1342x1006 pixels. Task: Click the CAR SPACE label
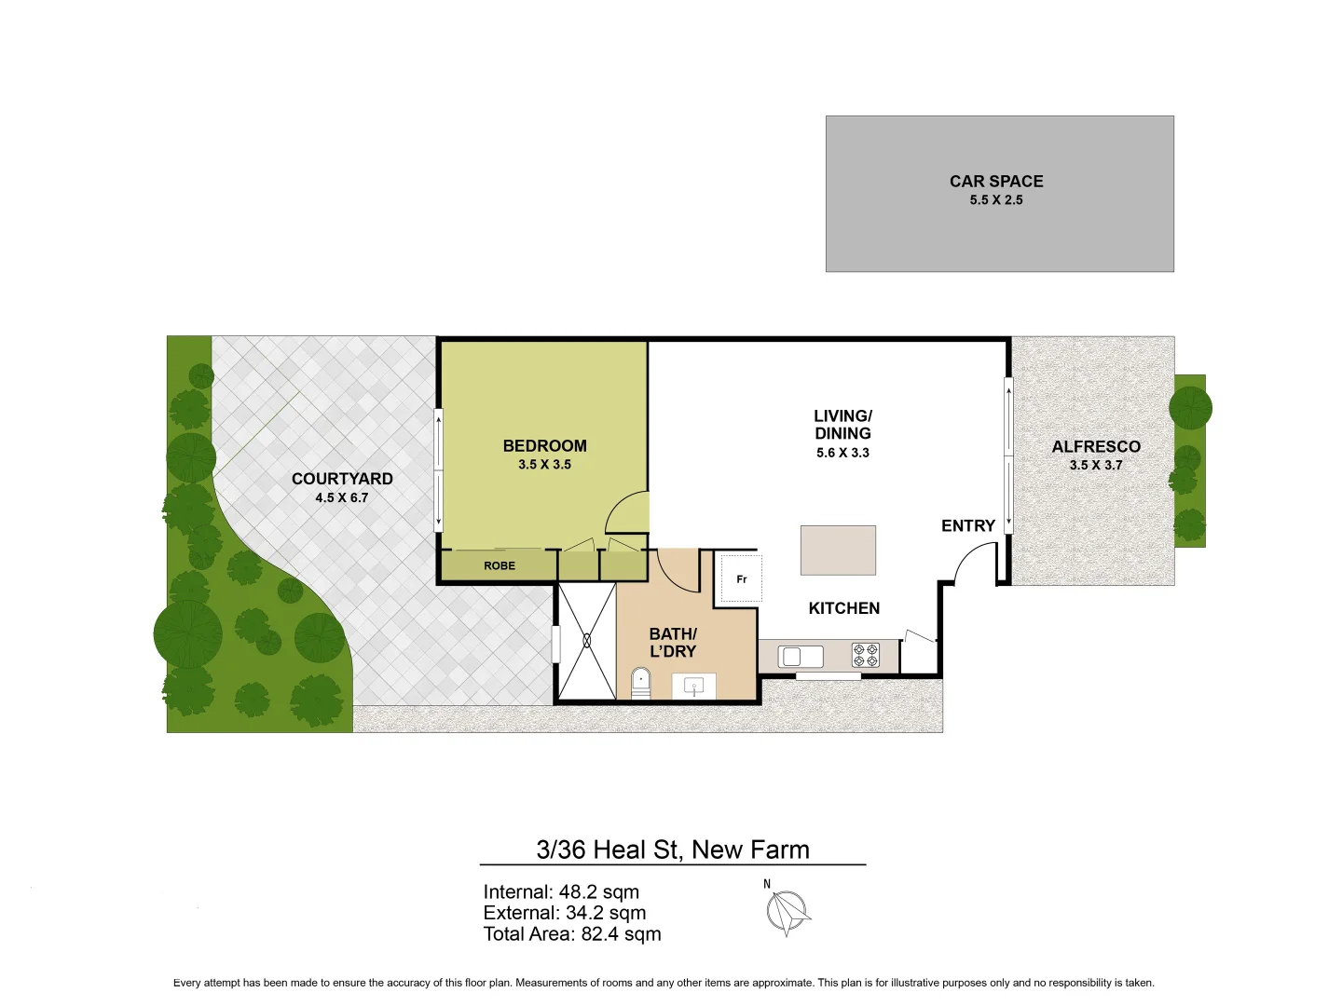click(x=995, y=182)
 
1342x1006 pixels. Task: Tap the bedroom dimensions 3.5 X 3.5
click(x=544, y=465)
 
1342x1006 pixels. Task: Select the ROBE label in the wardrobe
click(x=500, y=565)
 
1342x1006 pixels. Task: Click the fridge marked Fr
click(x=742, y=579)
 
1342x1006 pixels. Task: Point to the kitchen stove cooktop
click(x=865, y=656)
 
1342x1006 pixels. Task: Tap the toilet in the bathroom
click(x=640, y=682)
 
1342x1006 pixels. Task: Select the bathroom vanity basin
click(x=694, y=687)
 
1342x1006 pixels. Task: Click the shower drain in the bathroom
click(x=587, y=641)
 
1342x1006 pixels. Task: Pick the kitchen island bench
click(x=838, y=550)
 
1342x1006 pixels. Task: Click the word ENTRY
click(x=967, y=526)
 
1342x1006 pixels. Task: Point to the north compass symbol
click(x=788, y=911)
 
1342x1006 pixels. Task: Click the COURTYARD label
click(x=342, y=479)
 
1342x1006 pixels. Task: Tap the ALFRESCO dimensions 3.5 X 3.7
click(x=1095, y=466)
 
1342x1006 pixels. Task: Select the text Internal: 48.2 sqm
click(x=561, y=892)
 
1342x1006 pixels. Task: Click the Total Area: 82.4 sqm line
click(x=571, y=934)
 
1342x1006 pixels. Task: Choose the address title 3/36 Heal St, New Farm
click(x=672, y=850)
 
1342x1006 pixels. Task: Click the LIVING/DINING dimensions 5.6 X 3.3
click(x=842, y=454)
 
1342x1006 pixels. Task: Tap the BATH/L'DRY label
click(x=673, y=643)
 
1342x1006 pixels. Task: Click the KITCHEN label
click(x=843, y=608)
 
